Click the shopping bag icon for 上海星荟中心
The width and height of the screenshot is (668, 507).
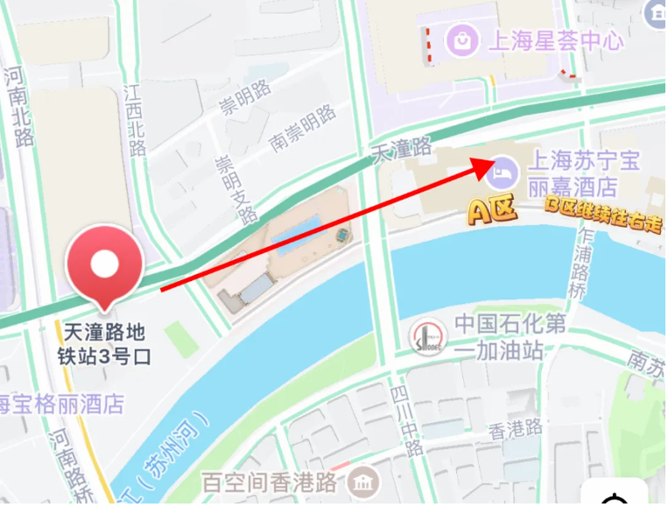click(x=460, y=39)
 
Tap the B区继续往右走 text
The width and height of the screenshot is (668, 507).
click(x=603, y=217)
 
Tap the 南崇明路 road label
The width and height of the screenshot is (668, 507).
click(x=302, y=129)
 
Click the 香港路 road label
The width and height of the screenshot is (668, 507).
click(x=514, y=429)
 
